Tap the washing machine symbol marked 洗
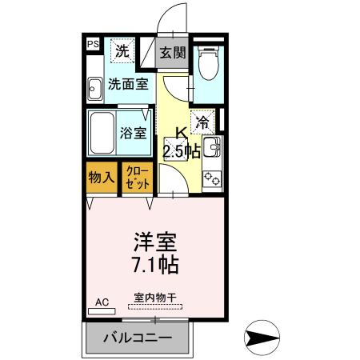click(x=122, y=51)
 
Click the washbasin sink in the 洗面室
click(x=94, y=88)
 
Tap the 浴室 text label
click(x=134, y=132)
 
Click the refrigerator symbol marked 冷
click(x=203, y=122)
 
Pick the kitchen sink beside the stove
click(x=212, y=149)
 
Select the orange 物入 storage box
click(x=102, y=177)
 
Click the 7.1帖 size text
click(x=154, y=263)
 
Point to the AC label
click(x=102, y=302)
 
